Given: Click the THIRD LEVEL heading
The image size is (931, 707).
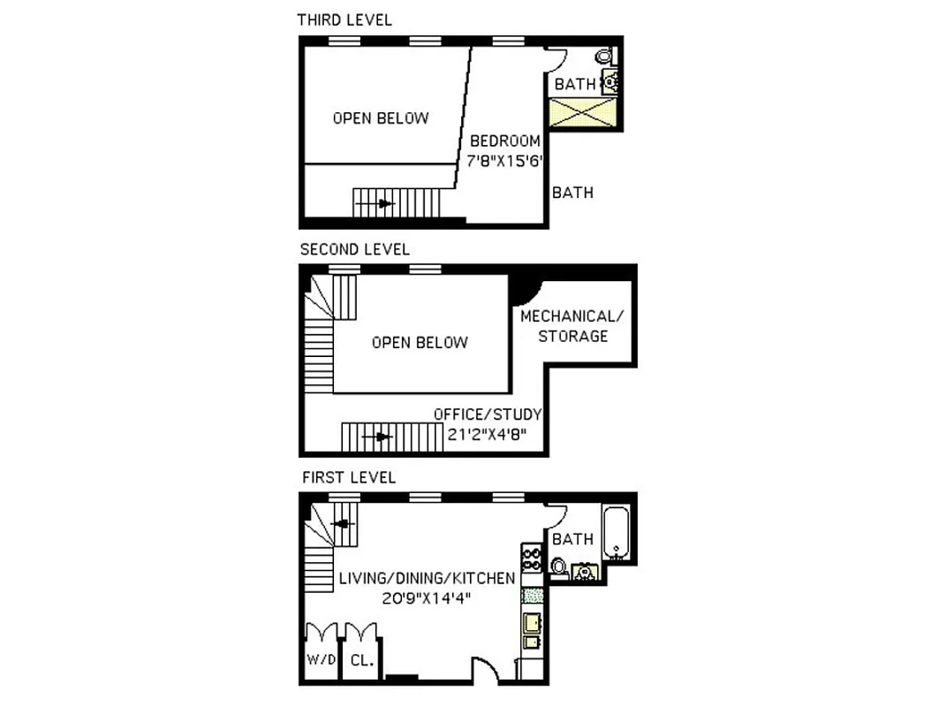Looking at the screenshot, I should (344, 19).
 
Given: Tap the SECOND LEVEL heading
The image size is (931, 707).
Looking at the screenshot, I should (354, 249).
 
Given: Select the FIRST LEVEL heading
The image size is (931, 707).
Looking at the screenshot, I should (349, 477).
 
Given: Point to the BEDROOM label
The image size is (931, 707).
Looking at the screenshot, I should (504, 141).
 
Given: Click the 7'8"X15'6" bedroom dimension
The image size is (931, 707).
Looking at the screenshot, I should (503, 161).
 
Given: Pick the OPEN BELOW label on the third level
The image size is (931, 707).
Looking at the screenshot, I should (380, 118).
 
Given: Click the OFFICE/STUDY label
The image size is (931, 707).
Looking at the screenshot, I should (488, 414).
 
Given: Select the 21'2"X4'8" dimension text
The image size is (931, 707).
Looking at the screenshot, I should (488, 434).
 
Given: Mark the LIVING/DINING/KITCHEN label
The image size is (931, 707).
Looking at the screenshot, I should (427, 579).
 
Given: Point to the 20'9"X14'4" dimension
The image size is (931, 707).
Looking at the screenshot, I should (427, 598).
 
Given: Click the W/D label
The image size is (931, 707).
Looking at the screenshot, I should (319, 660).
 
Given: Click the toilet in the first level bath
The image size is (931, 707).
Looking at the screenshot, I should (558, 565).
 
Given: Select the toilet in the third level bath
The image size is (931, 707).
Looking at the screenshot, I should (605, 56).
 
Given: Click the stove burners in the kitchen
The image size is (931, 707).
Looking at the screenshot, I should (532, 558).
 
